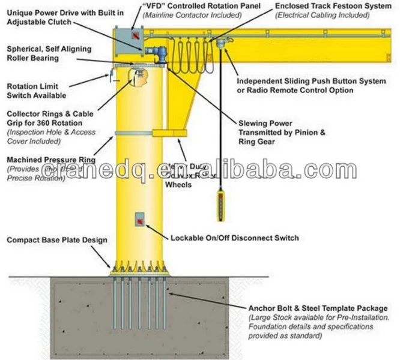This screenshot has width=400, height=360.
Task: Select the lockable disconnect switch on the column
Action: click(x=139, y=219)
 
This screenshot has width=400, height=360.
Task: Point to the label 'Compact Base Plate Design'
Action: click(x=57, y=241)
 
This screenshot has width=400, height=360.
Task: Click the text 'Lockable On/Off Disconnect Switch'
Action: click(x=234, y=238)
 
